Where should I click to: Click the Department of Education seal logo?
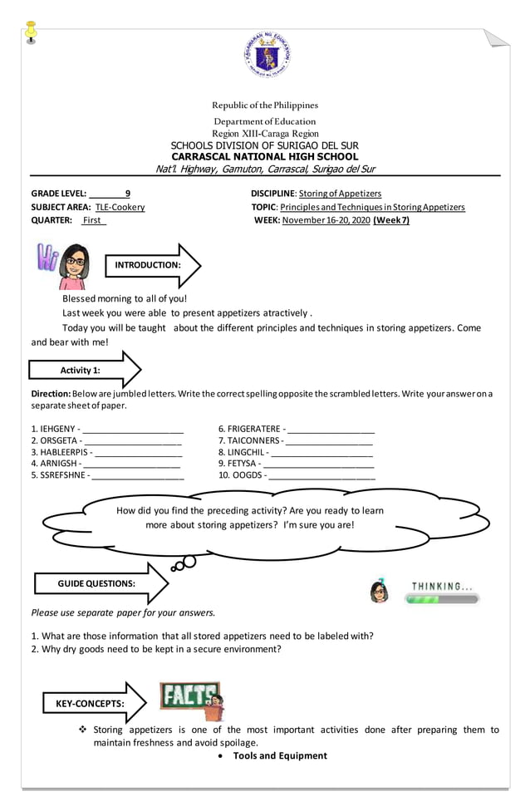(267, 55)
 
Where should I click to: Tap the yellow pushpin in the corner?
(32, 32)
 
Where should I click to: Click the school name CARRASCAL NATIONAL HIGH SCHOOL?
(264, 156)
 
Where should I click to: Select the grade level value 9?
(127, 193)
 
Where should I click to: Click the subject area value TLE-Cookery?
(120, 207)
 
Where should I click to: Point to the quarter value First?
(93, 220)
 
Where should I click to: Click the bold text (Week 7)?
(391, 220)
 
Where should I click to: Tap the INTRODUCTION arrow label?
(147, 265)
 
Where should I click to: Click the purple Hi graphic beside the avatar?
(45, 258)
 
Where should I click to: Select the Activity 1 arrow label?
(81, 370)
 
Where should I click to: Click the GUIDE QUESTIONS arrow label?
(96, 583)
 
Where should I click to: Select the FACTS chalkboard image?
(191, 700)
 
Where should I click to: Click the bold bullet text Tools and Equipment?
(280, 755)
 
